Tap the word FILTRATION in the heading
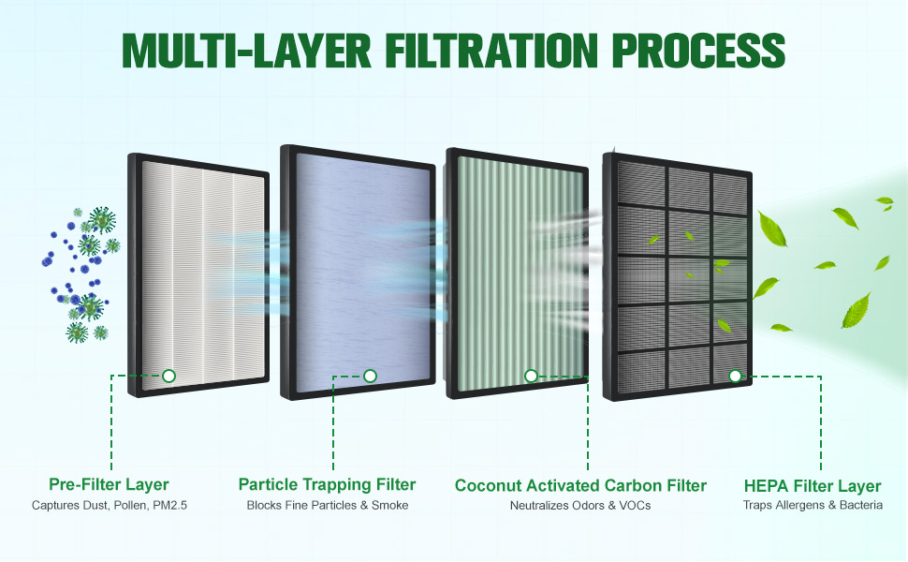tap(491, 51)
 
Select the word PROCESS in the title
tap(698, 51)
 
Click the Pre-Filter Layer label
tap(109, 484)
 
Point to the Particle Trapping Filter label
tap(328, 484)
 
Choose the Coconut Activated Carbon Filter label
tap(580, 485)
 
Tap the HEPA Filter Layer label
tap(813, 485)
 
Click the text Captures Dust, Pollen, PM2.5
tap(110, 505)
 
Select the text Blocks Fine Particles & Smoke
tap(328, 505)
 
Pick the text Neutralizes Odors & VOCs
tap(580, 505)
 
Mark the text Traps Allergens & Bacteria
tap(813, 505)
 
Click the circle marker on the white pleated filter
tap(169, 376)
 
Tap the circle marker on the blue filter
tap(370, 376)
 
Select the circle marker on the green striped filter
tap(531, 376)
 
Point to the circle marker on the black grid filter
tap(735, 376)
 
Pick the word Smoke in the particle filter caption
tap(389, 505)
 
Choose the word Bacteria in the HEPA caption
tap(861, 505)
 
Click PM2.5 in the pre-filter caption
tap(169, 505)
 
